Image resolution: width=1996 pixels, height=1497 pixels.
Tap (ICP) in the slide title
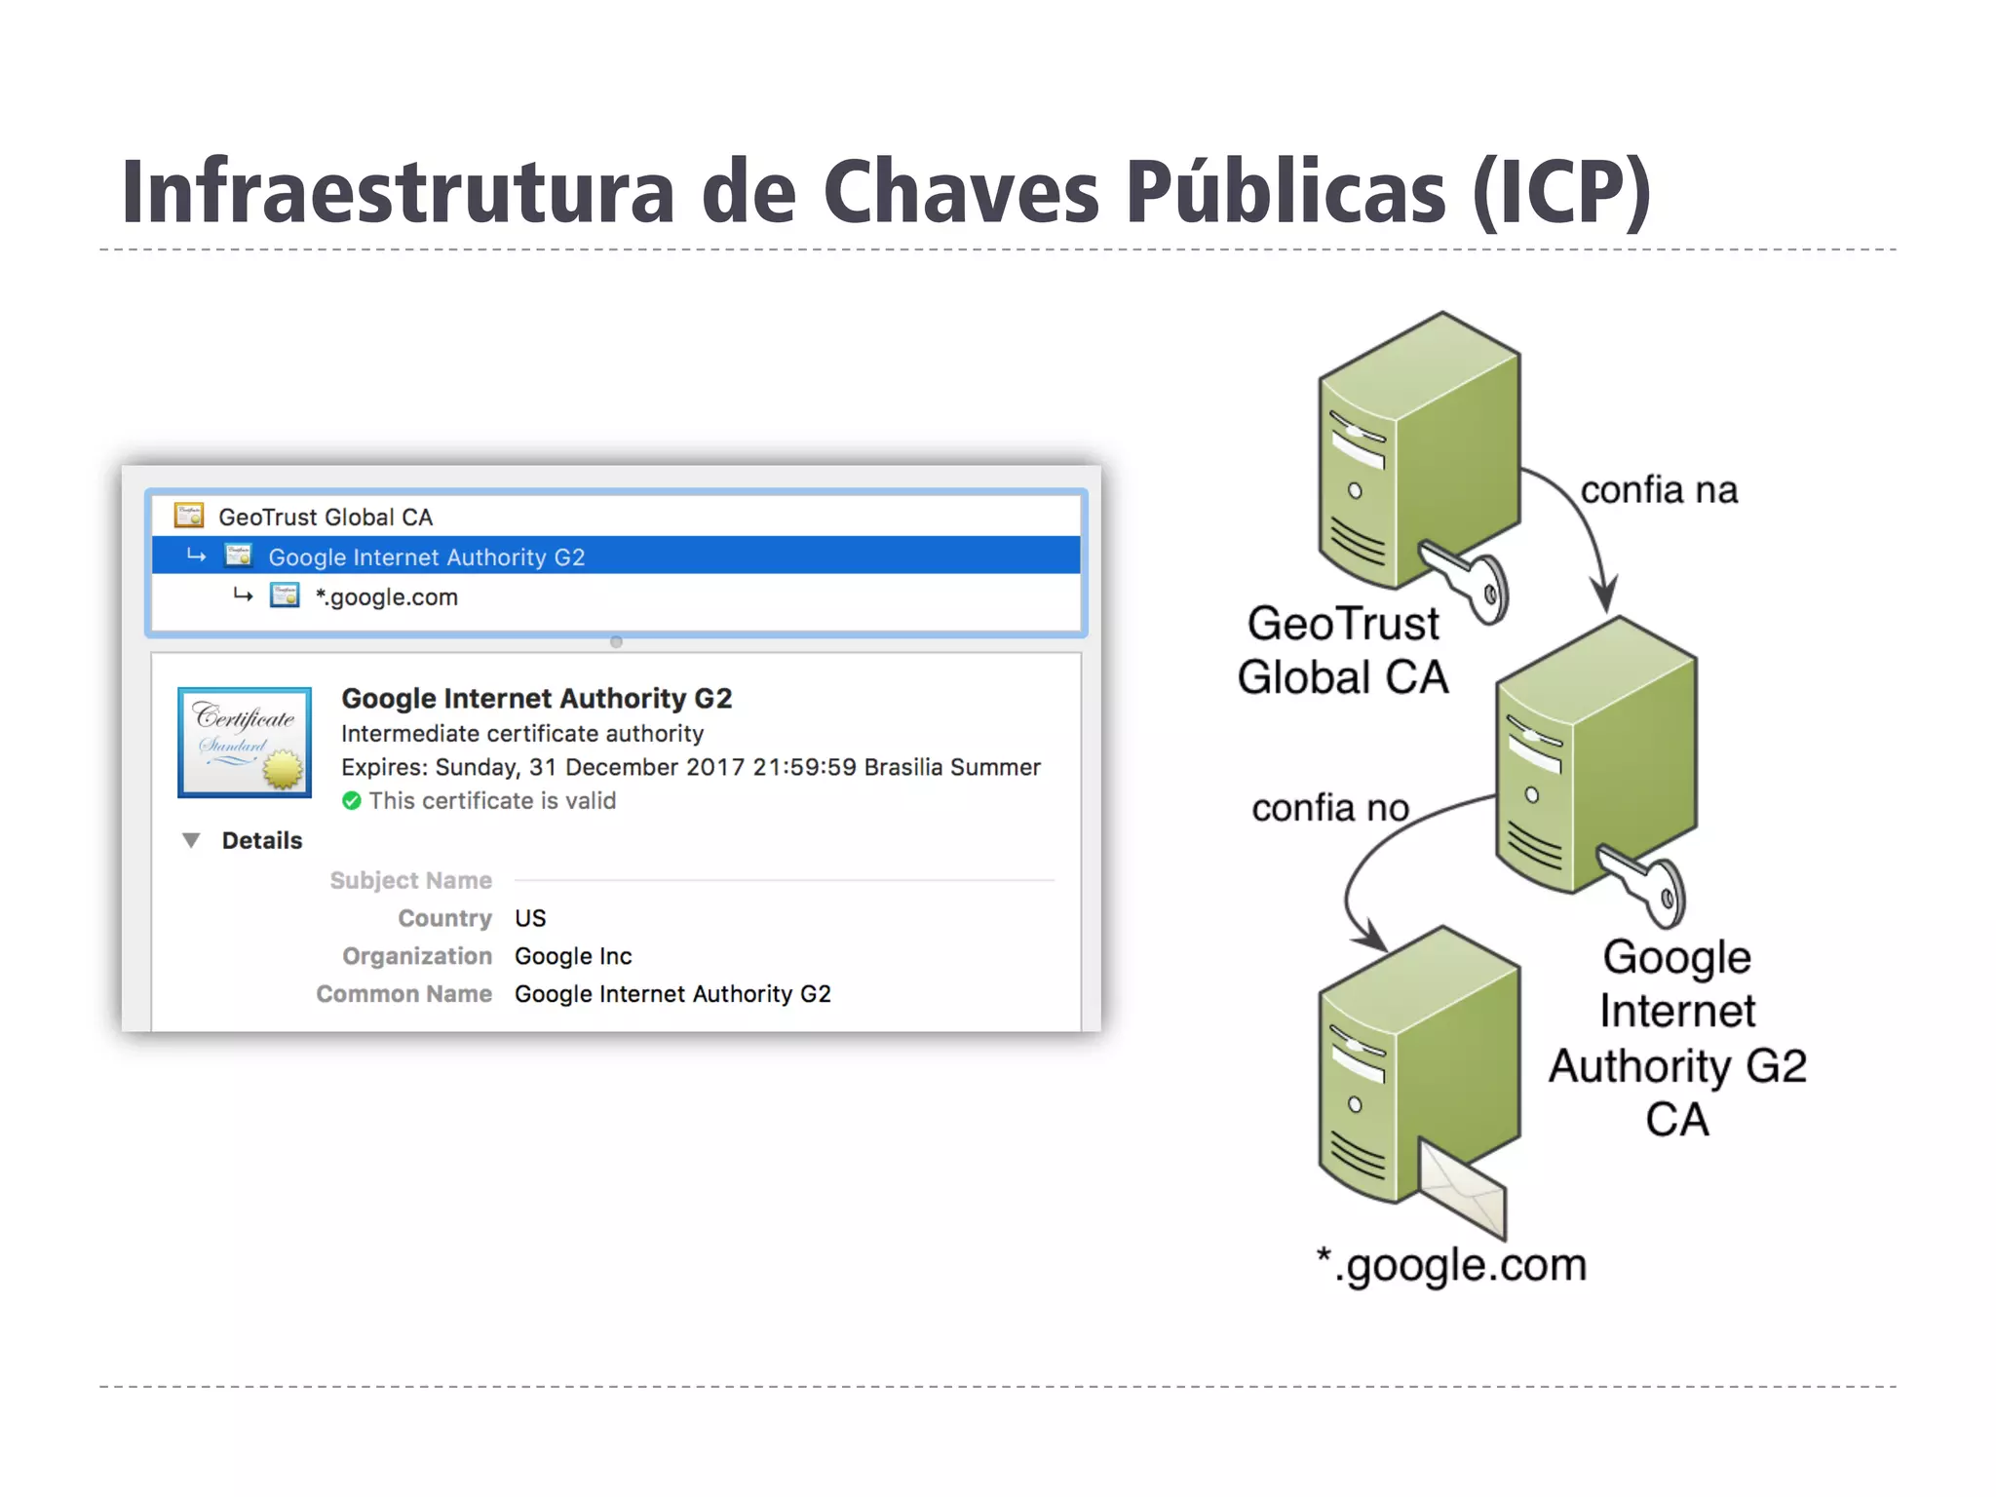pos(1560,193)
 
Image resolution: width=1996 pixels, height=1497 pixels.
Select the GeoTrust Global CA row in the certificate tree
pos(325,517)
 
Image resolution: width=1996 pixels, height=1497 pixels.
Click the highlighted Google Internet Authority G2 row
pos(426,557)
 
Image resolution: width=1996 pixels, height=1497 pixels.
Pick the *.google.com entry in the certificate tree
pos(386,596)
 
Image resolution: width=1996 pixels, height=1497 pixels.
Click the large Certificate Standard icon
pos(245,743)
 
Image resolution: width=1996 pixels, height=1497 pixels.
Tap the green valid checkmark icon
pos(352,801)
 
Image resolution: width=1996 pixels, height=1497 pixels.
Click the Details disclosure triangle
pos(192,840)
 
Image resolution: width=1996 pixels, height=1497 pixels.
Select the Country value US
pos(530,918)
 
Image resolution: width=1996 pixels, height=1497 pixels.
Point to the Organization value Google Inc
pos(573,956)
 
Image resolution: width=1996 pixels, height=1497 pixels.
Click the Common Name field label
pos(403,994)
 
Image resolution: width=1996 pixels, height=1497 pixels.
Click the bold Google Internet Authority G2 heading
pos(536,698)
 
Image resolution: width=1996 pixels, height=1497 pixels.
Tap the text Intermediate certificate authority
pos(521,733)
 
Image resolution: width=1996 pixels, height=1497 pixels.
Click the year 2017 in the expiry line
pos(715,767)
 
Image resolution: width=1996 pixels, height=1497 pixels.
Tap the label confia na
pos(1658,489)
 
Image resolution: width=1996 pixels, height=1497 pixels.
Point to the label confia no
pos(1330,807)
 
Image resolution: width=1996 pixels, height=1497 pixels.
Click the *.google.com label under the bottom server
pos(1451,1265)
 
